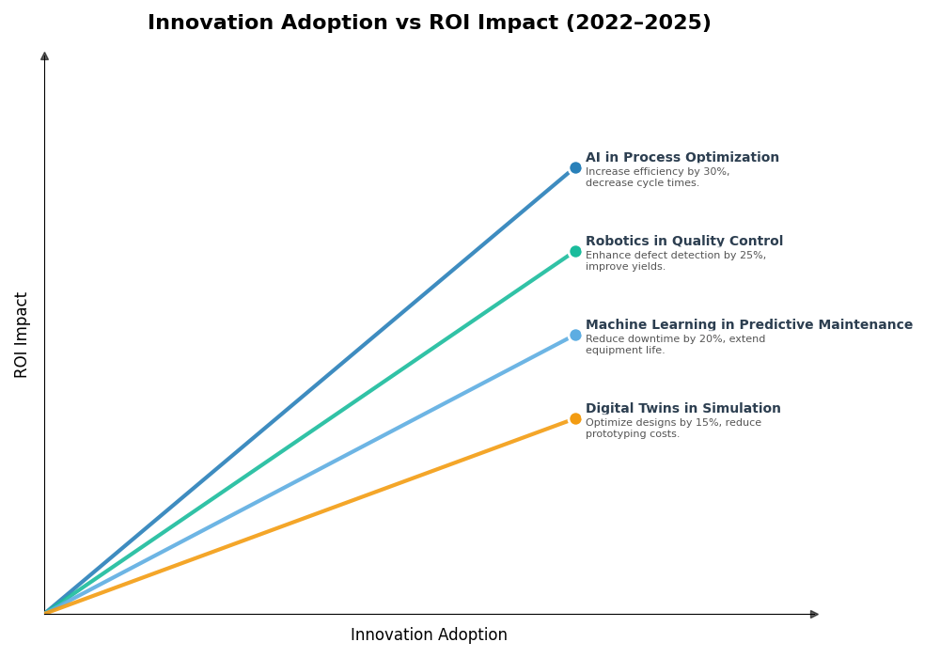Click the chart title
pyautogui.click(x=429, y=23)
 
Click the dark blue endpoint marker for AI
pyautogui.click(x=575, y=168)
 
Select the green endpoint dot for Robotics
pyautogui.click(x=575, y=252)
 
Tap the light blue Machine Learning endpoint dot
pyautogui.click(x=575, y=336)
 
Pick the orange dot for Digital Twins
pyautogui.click(x=575, y=419)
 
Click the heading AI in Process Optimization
pyautogui.click(x=681, y=158)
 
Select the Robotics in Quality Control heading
pyautogui.click(x=683, y=242)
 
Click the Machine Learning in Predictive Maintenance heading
pyautogui.click(x=748, y=325)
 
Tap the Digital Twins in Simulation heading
pyautogui.click(x=682, y=409)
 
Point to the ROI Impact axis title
pyautogui.click(x=22, y=335)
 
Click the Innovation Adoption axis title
pyautogui.click(x=429, y=635)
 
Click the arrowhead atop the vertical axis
pyautogui.click(x=44, y=56)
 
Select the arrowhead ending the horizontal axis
pyautogui.click(x=814, y=614)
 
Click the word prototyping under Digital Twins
pyautogui.click(x=615, y=434)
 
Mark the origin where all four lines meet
pyautogui.click(x=45, y=613)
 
